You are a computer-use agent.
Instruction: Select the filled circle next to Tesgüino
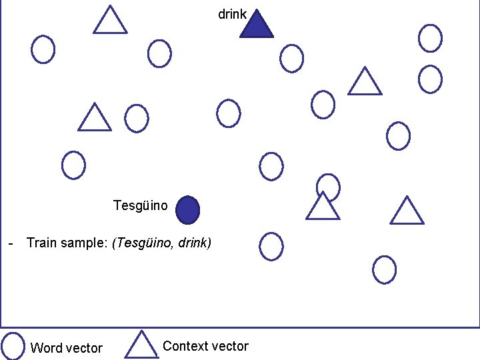[188, 210]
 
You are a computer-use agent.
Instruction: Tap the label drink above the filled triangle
[233, 14]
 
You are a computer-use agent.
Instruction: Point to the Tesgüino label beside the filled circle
[141, 205]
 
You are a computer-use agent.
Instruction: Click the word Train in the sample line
[41, 243]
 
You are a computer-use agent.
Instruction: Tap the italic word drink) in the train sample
[195, 243]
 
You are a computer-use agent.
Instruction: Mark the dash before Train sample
[11, 243]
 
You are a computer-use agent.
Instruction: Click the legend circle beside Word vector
[13, 346]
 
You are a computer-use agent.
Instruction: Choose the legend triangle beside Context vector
[140, 345]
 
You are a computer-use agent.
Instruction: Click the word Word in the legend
[45, 348]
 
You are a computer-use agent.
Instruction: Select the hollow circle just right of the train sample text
[271, 246]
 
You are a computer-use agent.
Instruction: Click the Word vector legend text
[67, 348]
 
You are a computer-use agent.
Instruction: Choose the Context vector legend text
[205, 346]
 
